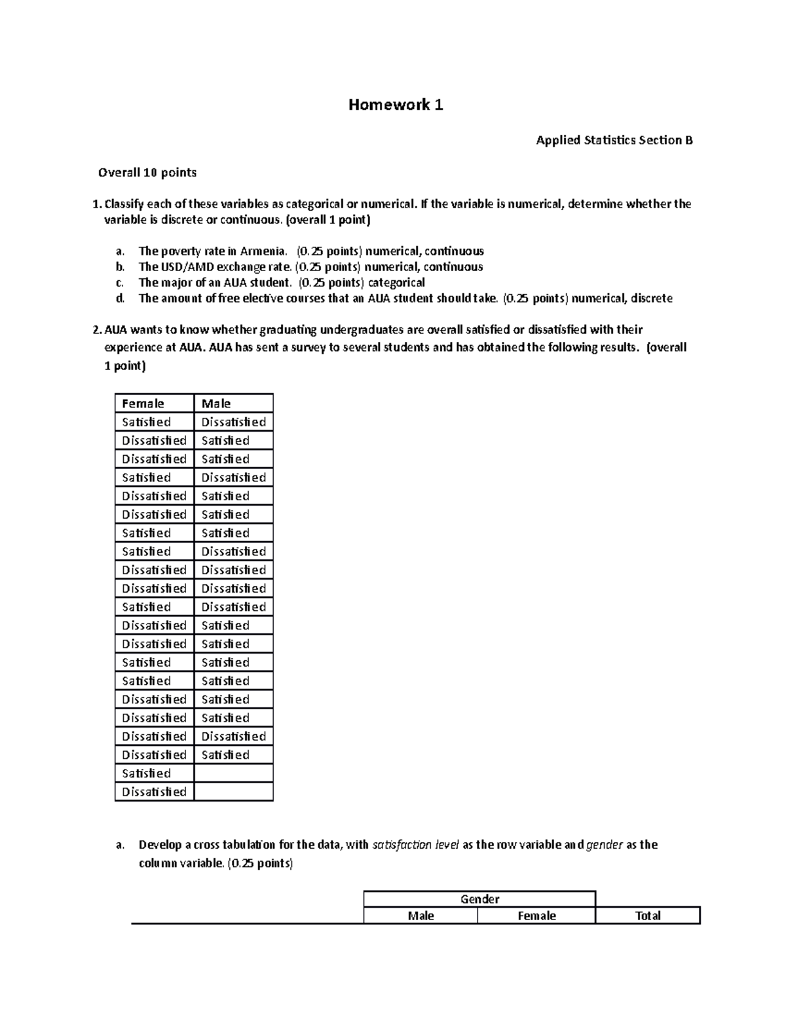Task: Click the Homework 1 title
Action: [396, 105]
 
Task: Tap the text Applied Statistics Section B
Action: [614, 140]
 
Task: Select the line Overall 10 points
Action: [147, 173]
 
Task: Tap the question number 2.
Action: [96, 330]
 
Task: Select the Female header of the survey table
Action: [143, 404]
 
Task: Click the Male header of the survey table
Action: [216, 404]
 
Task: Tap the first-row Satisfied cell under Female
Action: [147, 422]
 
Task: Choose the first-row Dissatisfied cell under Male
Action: [233, 422]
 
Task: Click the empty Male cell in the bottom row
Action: [233, 792]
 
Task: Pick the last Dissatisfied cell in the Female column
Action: [154, 792]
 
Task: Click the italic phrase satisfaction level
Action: [416, 845]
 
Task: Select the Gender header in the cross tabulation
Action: [479, 899]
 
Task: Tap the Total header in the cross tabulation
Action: [648, 916]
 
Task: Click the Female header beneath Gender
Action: [536, 916]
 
